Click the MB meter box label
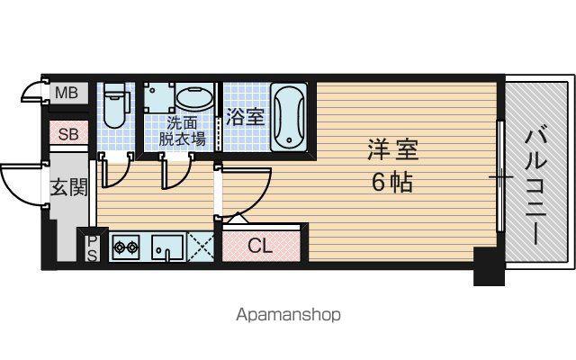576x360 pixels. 67,93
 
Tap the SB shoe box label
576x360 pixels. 68,134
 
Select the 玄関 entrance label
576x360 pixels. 69,187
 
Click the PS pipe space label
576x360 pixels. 92,248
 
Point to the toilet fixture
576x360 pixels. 115,105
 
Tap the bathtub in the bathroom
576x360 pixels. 289,117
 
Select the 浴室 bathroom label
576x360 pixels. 245,117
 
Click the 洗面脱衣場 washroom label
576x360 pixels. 182,130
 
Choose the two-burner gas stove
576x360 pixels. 126,247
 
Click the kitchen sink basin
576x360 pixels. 168,246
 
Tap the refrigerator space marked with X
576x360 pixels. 200,247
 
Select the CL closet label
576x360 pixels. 260,246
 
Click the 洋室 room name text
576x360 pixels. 393,150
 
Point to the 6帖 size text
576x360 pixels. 392,182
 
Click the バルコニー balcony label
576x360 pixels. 536,186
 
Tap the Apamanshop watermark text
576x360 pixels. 288,315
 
